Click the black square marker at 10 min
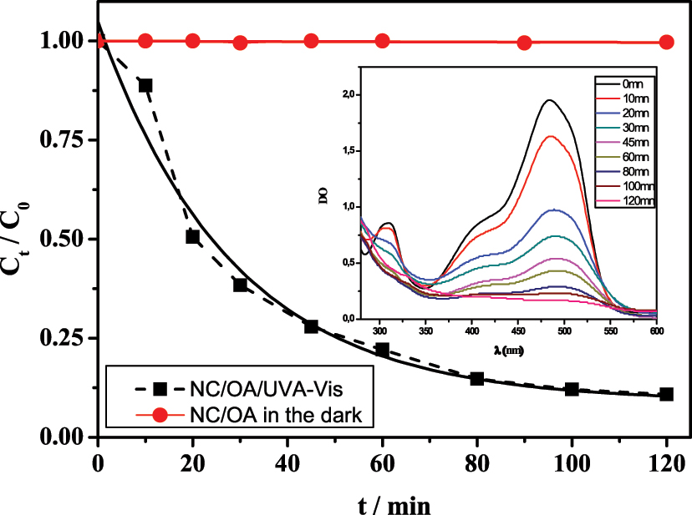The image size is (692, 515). pyautogui.click(x=145, y=85)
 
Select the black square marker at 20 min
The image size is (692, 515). pyautogui.click(x=192, y=237)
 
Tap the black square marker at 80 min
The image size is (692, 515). pyautogui.click(x=477, y=379)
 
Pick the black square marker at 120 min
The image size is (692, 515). pyautogui.click(x=666, y=394)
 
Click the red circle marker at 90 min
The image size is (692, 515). pyautogui.click(x=525, y=43)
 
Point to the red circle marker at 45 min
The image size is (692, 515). pyautogui.click(x=311, y=41)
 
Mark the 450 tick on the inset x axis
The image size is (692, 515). pyautogui.click(x=518, y=330)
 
